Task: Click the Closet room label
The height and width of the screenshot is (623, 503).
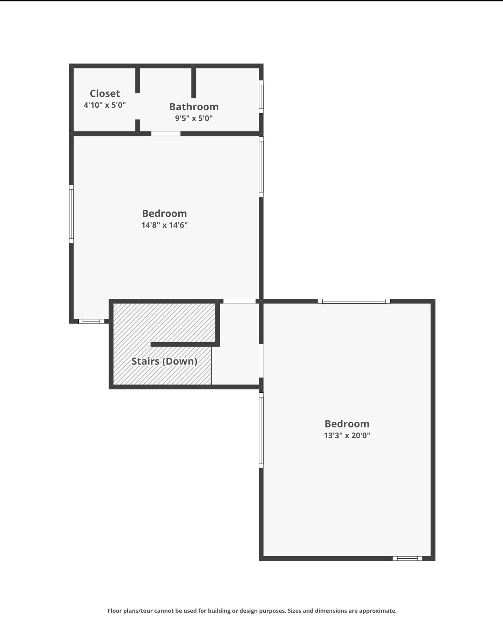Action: coord(105,93)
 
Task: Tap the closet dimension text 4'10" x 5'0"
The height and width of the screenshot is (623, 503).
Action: coord(105,105)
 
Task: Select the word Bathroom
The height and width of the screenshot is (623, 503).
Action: coord(194,107)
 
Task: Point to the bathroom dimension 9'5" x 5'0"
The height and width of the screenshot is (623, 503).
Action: coord(194,118)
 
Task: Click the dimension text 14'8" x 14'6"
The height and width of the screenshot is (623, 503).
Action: coord(164,225)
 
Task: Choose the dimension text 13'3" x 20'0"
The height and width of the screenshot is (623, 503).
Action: coord(347,435)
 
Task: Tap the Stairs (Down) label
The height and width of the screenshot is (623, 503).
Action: coord(164,361)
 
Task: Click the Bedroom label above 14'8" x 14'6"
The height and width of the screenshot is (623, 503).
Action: coord(164,213)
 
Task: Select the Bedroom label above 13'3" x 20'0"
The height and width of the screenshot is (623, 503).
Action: coord(347,424)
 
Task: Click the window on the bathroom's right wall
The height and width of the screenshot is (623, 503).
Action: coord(261,97)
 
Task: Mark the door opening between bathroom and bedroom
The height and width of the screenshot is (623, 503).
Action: coord(166,134)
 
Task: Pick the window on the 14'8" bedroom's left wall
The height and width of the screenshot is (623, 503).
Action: coord(71,214)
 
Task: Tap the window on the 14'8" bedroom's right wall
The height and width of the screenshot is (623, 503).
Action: coord(261,167)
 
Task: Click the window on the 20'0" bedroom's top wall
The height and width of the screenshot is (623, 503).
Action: coord(354,301)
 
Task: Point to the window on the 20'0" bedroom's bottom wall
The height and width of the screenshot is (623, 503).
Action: coord(407,558)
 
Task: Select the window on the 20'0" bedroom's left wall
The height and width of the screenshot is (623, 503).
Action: coord(261,430)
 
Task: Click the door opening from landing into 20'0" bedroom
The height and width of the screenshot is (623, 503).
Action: coord(261,360)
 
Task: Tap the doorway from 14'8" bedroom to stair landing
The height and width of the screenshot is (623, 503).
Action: coord(239,301)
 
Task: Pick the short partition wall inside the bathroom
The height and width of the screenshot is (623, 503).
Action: coord(194,83)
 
